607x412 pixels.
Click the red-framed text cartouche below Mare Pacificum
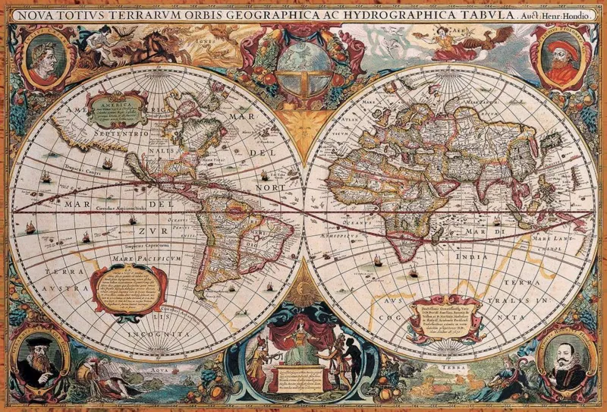point(130,289)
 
